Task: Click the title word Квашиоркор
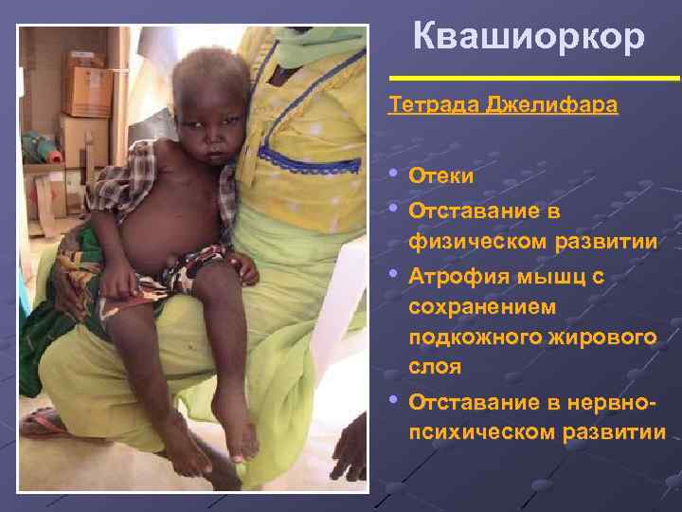529,37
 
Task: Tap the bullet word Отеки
441,176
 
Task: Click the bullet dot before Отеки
394,174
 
